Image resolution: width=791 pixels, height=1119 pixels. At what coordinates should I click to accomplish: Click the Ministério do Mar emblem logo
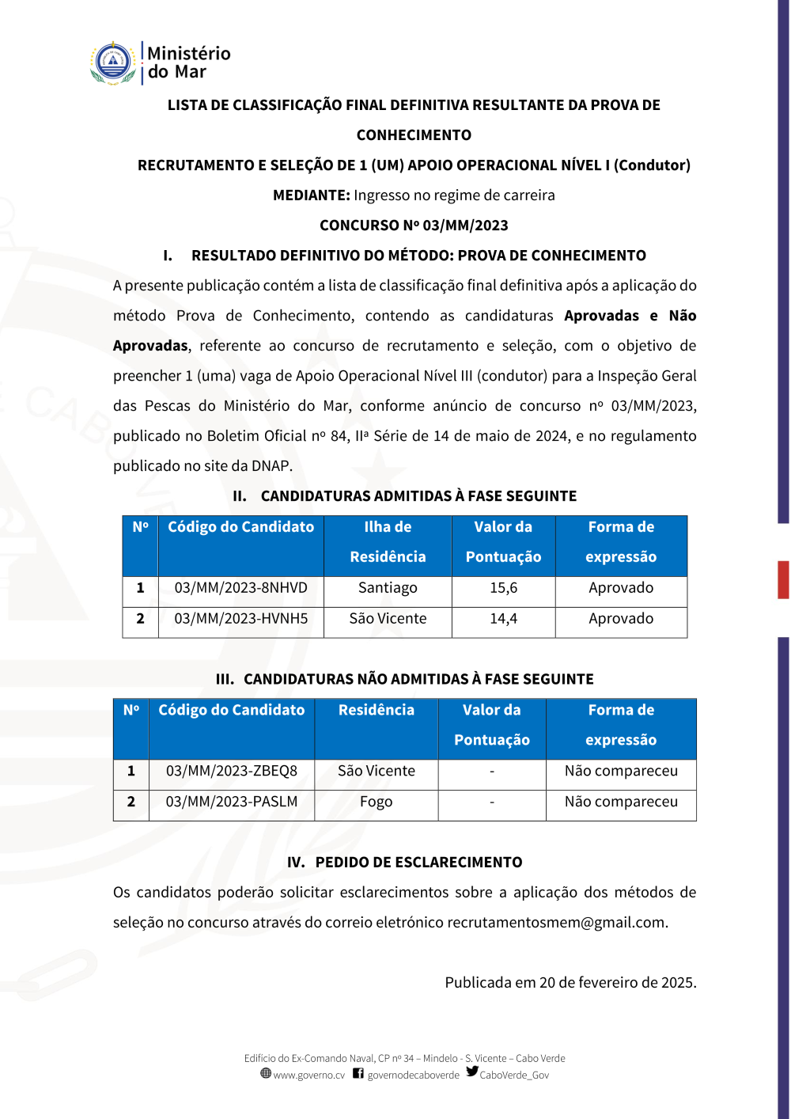tap(113, 63)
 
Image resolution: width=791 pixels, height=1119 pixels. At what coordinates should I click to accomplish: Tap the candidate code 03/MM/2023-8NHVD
tap(240, 588)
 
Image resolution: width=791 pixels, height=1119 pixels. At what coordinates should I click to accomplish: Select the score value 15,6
tap(503, 588)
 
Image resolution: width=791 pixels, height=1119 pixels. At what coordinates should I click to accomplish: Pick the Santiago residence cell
tap(388, 588)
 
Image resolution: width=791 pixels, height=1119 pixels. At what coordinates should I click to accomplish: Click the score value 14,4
tap(503, 619)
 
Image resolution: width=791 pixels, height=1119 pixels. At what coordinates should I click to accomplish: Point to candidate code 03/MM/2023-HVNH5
tap(240, 619)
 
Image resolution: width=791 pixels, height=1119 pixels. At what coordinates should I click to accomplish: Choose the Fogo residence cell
tap(376, 802)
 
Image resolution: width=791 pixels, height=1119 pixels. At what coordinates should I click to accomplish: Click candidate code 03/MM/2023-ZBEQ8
tap(231, 771)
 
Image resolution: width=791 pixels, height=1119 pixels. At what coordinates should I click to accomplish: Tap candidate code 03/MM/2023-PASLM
tap(231, 802)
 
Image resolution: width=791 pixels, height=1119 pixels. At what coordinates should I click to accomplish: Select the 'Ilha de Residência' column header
tap(388, 542)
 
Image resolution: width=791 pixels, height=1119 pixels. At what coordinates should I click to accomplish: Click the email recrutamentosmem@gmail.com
tap(556, 923)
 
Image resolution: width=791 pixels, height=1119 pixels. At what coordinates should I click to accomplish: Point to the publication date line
tap(570, 983)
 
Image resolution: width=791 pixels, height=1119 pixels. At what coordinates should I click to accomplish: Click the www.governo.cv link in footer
tap(308, 1075)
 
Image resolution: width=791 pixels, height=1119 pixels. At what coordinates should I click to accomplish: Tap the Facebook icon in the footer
tap(358, 1074)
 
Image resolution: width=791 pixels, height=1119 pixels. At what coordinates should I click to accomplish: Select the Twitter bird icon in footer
tap(472, 1072)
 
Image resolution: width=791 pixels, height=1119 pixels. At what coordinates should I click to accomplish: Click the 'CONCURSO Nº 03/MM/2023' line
tap(414, 226)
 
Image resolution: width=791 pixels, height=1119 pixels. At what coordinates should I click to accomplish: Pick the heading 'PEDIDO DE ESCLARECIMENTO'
tap(418, 863)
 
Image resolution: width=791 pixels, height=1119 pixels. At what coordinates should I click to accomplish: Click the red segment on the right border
tap(783, 579)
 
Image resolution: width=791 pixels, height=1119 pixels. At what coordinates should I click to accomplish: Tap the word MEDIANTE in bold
tap(311, 195)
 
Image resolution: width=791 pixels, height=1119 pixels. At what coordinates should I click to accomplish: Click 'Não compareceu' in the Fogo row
tap(621, 802)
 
